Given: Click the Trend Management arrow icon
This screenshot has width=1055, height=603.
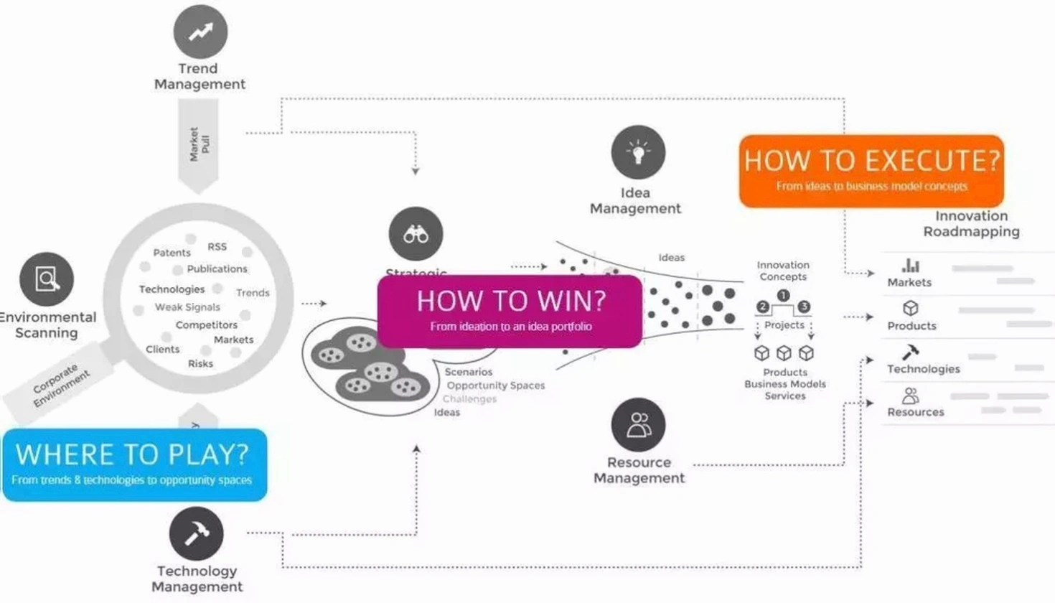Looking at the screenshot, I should pyautogui.click(x=200, y=32).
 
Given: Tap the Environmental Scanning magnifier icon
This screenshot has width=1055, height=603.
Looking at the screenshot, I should pyautogui.click(x=47, y=279).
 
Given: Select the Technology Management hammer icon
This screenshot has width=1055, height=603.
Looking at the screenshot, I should pyautogui.click(x=196, y=533).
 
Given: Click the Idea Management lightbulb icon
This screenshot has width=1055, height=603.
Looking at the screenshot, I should pyautogui.click(x=638, y=152).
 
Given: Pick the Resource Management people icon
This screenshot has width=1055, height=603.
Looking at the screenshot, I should pyautogui.click(x=638, y=425).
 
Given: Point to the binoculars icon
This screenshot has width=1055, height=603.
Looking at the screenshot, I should pyautogui.click(x=416, y=234).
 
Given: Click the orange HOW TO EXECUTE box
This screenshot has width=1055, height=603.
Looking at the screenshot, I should pyautogui.click(x=871, y=171).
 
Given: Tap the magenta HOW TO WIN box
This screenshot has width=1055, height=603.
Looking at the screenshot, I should pyautogui.click(x=510, y=311).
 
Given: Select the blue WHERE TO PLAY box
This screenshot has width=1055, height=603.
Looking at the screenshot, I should pyautogui.click(x=134, y=464).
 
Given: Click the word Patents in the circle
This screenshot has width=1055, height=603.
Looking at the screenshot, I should pyautogui.click(x=172, y=253).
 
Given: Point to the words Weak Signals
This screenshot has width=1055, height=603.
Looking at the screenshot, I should pyautogui.click(x=187, y=307).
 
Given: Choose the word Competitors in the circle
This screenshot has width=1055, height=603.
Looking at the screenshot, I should pyautogui.click(x=206, y=325).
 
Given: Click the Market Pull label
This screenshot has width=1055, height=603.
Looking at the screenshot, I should pyautogui.click(x=199, y=144).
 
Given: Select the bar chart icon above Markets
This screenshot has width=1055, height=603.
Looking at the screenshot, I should pyautogui.click(x=910, y=266).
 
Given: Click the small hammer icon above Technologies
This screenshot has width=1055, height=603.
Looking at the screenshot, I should pyautogui.click(x=910, y=352).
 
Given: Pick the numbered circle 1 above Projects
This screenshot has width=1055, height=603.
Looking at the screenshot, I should pyautogui.click(x=783, y=295).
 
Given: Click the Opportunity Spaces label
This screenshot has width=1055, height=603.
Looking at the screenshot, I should pyautogui.click(x=495, y=385).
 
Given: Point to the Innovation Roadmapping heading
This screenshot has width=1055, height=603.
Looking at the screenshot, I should pyautogui.click(x=971, y=223).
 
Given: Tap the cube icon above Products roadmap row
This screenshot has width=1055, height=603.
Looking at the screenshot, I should pyautogui.click(x=910, y=308).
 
